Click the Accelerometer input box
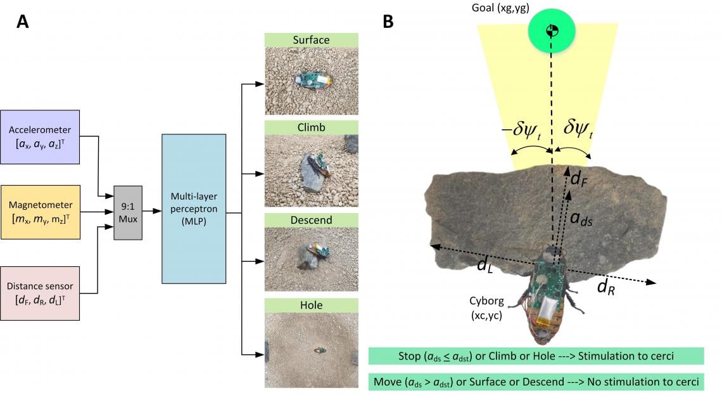click(40, 137)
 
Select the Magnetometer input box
click(41, 212)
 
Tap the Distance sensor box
click(40, 293)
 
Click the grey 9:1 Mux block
click(128, 213)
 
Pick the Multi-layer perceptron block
click(194, 209)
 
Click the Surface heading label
click(311, 40)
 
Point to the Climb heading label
click(311, 127)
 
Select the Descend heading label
click(311, 220)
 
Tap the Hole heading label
click(311, 305)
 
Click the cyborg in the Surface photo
click(313, 81)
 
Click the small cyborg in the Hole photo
click(320, 351)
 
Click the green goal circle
click(552, 30)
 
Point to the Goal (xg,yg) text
click(500, 8)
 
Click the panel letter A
click(23, 22)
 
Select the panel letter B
click(388, 22)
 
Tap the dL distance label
click(485, 265)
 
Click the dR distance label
click(606, 287)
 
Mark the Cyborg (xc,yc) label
click(486, 308)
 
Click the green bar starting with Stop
click(536, 356)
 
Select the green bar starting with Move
click(536, 382)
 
